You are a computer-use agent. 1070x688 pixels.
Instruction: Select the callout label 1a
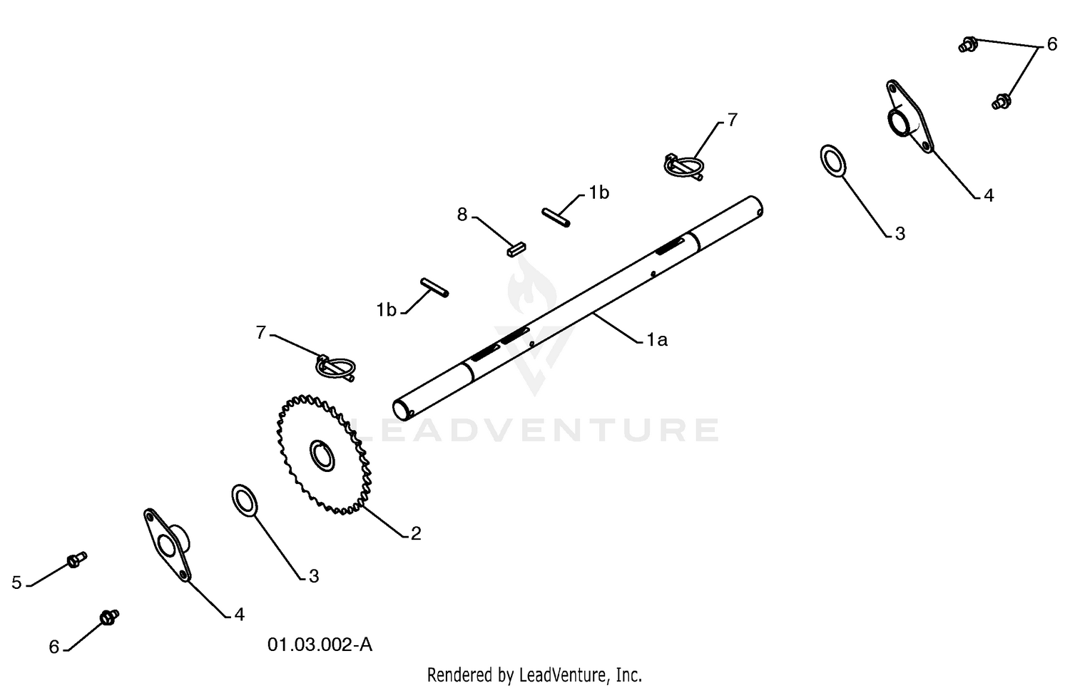[x=657, y=340]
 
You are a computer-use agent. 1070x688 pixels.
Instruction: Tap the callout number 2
[x=416, y=534]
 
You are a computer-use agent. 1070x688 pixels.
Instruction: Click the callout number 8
[x=462, y=215]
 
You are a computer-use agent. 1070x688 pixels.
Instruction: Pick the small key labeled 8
[x=516, y=250]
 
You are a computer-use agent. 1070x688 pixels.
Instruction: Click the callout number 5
[x=16, y=582]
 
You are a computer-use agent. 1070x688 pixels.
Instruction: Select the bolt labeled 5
[x=77, y=559]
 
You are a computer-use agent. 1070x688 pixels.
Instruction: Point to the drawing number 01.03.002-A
[x=320, y=645]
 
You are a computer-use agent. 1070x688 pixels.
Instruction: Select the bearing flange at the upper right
[x=909, y=117]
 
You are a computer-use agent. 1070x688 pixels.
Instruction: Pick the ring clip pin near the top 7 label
[x=684, y=167]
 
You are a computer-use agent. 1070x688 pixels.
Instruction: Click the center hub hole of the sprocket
[x=322, y=456]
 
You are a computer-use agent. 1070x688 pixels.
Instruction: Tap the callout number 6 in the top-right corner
[x=1052, y=44]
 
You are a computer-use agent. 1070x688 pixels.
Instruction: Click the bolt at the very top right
[x=968, y=44]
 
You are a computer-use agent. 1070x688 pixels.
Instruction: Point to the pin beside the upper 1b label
[x=556, y=217]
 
